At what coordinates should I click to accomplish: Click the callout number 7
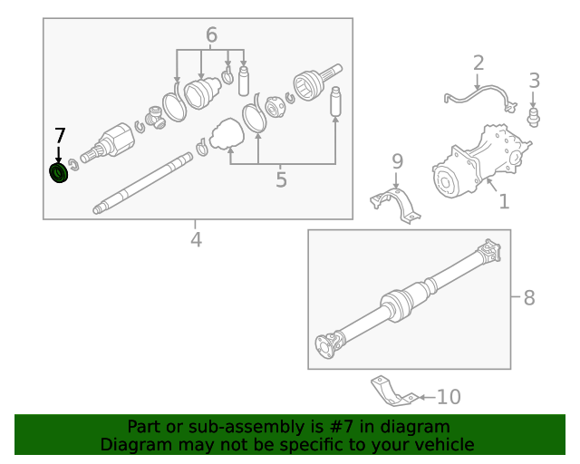(60, 136)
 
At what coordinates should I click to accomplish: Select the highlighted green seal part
(60, 172)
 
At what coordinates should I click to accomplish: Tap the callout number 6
(211, 35)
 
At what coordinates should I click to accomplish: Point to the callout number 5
(281, 179)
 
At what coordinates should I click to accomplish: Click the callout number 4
(196, 239)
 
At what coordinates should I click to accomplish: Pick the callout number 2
(478, 63)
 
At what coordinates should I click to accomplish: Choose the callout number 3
(534, 81)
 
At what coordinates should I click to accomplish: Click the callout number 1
(504, 200)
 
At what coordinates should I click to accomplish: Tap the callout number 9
(397, 162)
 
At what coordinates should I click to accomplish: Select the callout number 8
(529, 297)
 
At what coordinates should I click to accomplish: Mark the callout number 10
(449, 397)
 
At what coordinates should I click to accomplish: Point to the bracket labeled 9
(396, 203)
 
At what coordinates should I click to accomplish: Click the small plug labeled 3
(534, 116)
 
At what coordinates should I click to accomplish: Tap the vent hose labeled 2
(480, 95)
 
